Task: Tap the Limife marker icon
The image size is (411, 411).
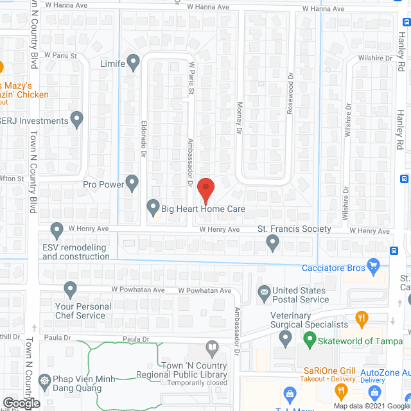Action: pos(133,62)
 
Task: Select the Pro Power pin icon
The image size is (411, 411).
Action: pos(132,184)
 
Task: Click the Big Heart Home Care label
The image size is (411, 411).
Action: pos(204,209)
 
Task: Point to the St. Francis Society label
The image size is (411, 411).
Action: pos(294,229)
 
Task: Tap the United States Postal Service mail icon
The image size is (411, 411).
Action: pos(264,294)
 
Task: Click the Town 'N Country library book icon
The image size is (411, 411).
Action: pos(213,349)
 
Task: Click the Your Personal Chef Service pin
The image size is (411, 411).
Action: pos(70,289)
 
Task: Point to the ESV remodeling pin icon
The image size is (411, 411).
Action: pos(57,229)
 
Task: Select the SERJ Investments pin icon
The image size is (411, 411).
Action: pos(77,119)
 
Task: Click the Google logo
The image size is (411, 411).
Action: pos(21,403)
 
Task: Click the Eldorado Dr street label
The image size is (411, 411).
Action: pos(144,137)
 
